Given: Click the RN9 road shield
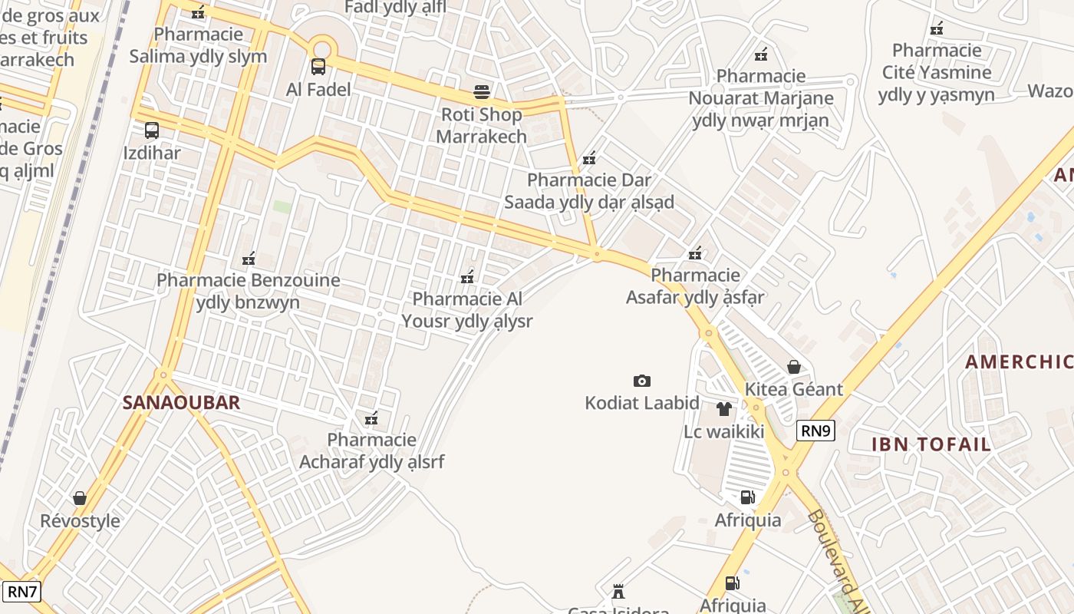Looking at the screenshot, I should coord(815,431).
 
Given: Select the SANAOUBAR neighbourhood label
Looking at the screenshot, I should coord(181,402).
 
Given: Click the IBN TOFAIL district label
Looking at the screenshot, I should coord(931,444).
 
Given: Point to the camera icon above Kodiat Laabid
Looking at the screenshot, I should coord(641,381).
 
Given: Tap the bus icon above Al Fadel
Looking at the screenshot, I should coord(318,67).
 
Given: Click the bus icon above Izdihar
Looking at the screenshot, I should coord(151,130).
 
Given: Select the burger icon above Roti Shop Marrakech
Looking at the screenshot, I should coord(481,92).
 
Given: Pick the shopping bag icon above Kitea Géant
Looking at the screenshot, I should coord(793,367).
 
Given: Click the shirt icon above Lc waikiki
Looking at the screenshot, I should coord(723,409).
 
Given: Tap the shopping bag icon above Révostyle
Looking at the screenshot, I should coord(80,498).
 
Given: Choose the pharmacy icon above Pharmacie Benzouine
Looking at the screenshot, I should coord(248,259).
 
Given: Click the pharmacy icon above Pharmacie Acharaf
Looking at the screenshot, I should coord(371,418).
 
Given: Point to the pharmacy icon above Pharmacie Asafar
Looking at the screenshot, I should coord(695,253).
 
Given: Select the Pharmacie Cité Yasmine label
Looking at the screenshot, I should coord(936,73).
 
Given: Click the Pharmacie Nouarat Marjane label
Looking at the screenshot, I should coord(760,98).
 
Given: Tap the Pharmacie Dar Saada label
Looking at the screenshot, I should coord(589,191).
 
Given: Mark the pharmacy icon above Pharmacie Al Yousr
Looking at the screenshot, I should coord(466,276).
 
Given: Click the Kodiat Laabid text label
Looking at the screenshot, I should coord(641,403).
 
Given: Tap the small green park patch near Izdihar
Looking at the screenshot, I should coord(282,206).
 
